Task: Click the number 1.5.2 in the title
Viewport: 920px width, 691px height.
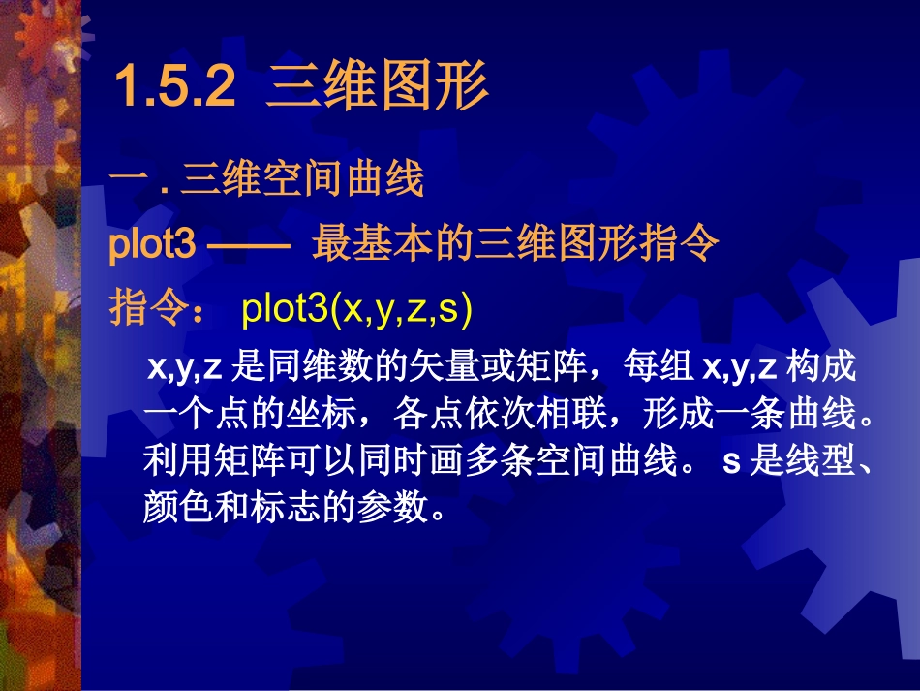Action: pos(175,88)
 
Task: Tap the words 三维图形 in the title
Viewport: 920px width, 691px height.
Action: pos(377,88)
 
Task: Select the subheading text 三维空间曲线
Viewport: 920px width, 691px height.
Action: pos(302,181)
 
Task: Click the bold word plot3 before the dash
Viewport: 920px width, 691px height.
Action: pos(153,246)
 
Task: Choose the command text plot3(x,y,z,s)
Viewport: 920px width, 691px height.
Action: pos(355,310)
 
